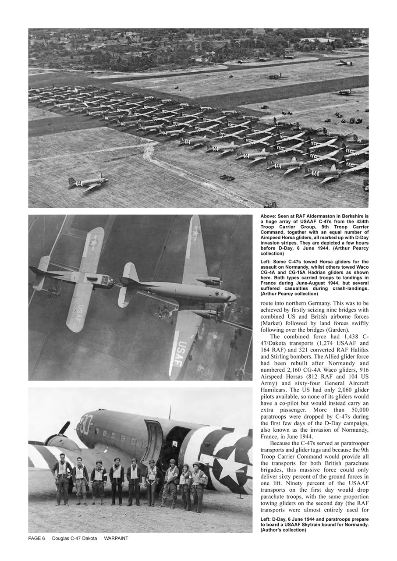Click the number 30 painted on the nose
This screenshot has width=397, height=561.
86,424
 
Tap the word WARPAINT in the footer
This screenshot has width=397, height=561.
116,539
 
